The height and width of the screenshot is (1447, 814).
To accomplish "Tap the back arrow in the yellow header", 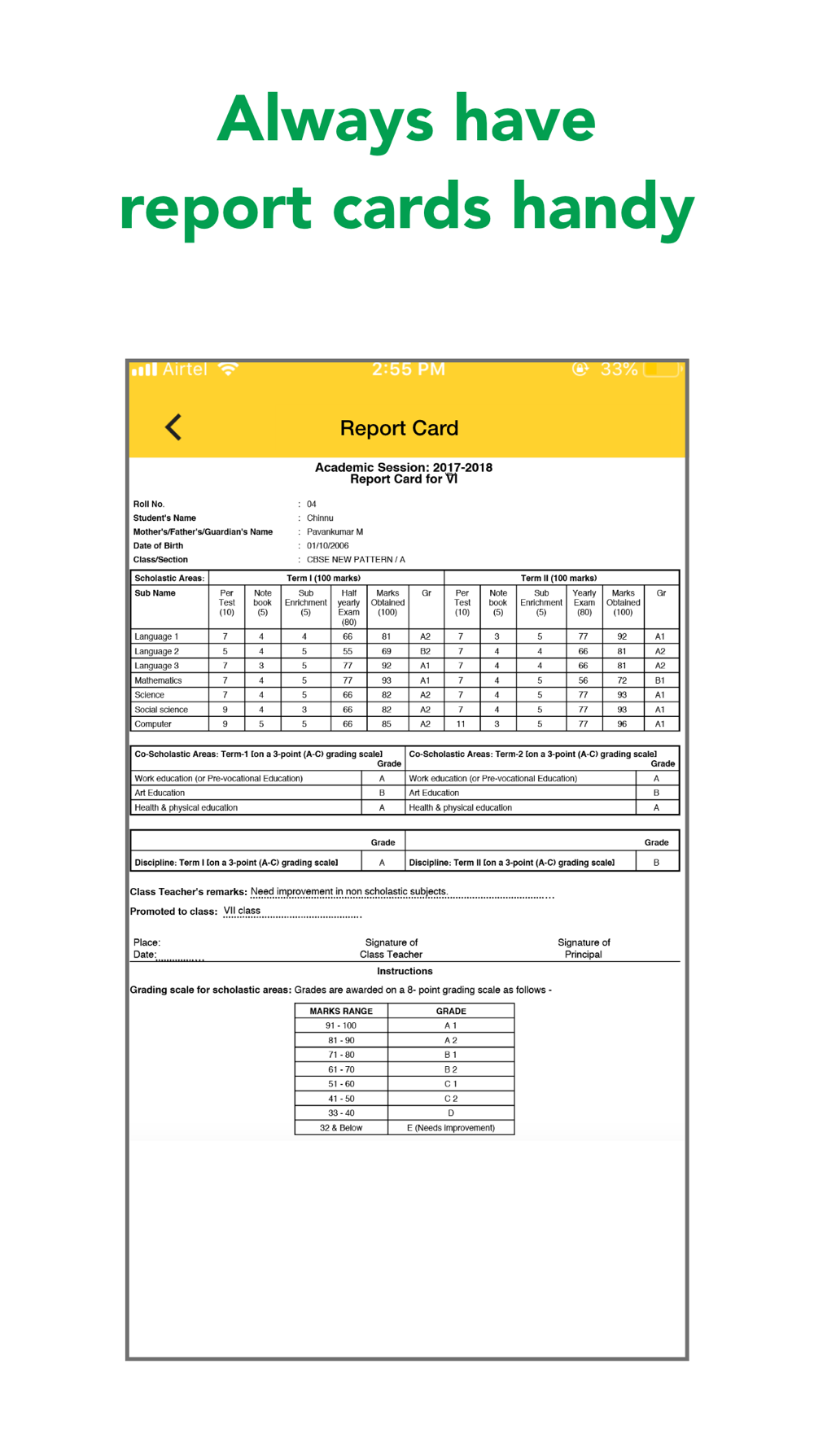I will (x=173, y=427).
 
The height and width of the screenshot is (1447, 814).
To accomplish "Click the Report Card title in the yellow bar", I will (x=399, y=428).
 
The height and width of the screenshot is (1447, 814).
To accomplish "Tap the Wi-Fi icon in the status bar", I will (x=229, y=369).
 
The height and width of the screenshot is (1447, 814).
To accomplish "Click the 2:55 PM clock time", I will (x=409, y=369).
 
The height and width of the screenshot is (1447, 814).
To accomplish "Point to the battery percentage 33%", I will (x=619, y=369).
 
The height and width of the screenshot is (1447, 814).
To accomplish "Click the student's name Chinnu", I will (x=320, y=518).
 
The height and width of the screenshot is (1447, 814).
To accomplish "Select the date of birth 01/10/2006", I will (x=327, y=546).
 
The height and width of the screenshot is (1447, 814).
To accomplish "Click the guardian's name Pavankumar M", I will (x=335, y=532).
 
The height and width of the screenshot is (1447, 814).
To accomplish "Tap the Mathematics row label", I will (x=158, y=680).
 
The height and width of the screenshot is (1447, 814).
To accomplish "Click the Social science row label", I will (x=161, y=710).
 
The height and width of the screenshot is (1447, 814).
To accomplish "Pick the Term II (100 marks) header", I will (x=558, y=578).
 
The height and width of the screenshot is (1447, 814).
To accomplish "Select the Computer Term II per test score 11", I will (x=461, y=723).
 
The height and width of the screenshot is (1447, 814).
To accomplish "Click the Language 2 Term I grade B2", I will (x=425, y=651).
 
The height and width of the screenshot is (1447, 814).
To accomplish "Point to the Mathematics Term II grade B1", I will (x=660, y=680).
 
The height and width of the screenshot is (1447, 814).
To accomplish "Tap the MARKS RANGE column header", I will (x=341, y=1011).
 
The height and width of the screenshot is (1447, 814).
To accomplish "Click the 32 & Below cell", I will (x=341, y=1128).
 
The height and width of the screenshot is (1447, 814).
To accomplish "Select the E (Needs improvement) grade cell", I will (x=451, y=1128).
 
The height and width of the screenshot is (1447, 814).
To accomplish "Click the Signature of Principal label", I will (x=584, y=948).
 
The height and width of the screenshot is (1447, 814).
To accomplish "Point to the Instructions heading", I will (x=405, y=972).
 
